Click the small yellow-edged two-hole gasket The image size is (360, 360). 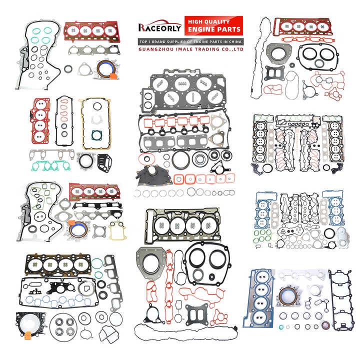117,230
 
